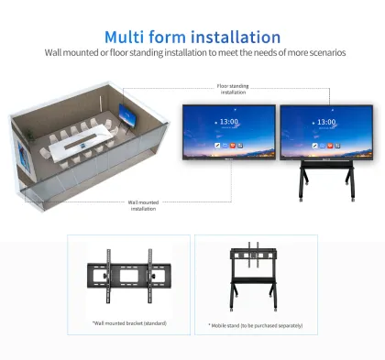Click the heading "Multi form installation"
[x=192, y=37]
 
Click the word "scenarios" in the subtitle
[x=320, y=53]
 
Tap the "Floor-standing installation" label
[x=232, y=90]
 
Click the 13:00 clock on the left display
[x=228, y=122]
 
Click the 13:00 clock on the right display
[x=325, y=122]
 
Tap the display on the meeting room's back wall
[x=126, y=116]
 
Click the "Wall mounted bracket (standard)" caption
[x=128, y=323]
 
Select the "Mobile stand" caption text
[x=256, y=324]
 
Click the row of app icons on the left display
[x=228, y=146]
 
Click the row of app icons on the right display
[x=325, y=146]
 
